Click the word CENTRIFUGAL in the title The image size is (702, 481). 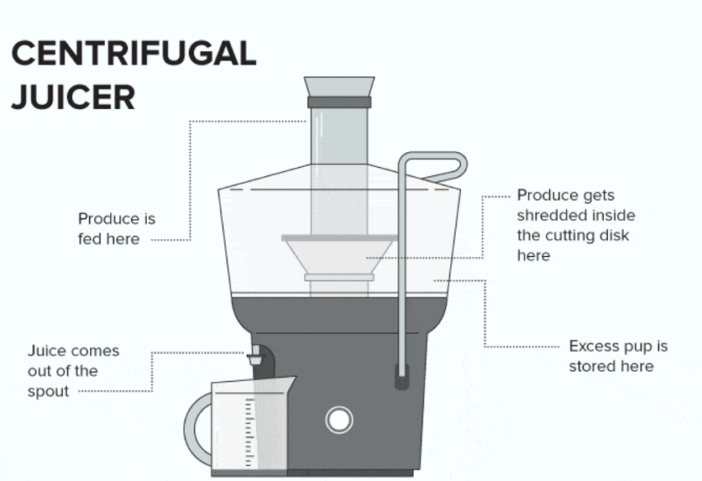[134, 54]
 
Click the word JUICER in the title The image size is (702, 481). [73, 98]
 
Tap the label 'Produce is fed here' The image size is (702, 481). [116, 229]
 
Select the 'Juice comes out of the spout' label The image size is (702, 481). [74, 371]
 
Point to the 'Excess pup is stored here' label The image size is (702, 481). [618, 356]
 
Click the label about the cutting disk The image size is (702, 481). [576, 226]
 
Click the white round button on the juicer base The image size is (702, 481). [339, 420]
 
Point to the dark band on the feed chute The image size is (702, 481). [339, 102]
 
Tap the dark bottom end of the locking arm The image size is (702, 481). [401, 379]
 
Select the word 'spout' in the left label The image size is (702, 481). [49, 392]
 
